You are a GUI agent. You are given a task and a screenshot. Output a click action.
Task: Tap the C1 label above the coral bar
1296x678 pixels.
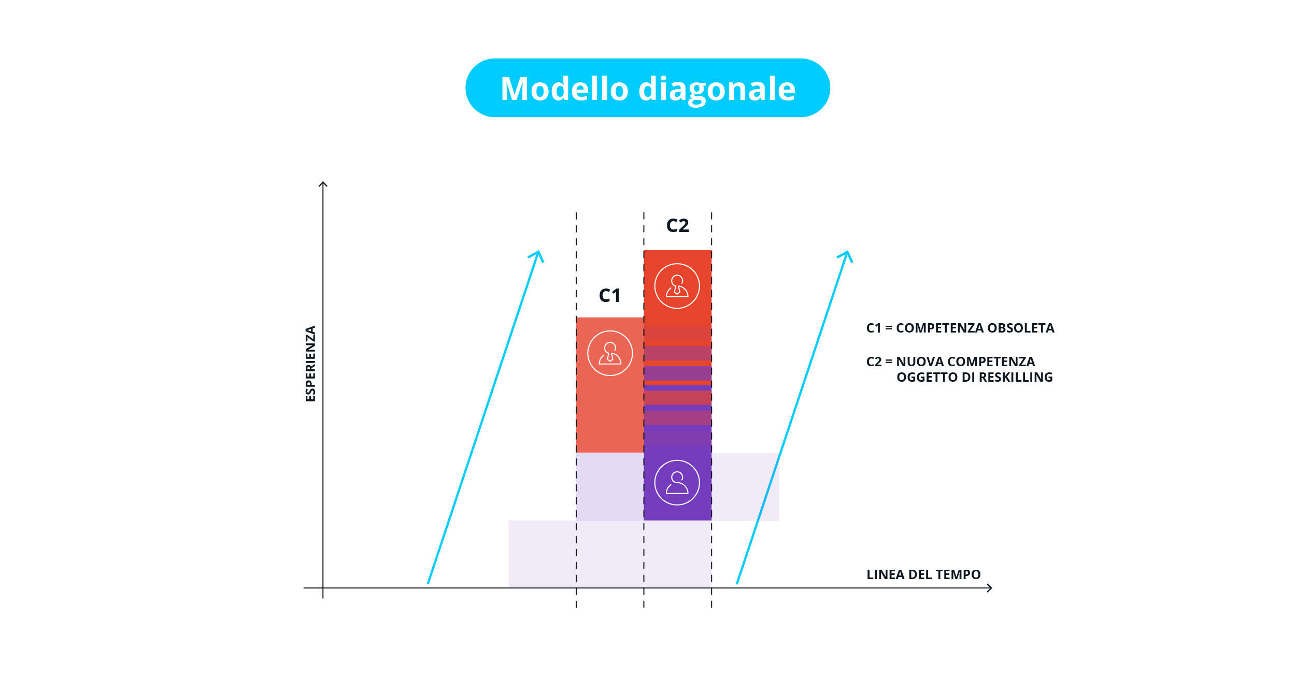(x=609, y=295)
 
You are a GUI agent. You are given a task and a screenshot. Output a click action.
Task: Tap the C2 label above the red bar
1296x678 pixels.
(x=677, y=225)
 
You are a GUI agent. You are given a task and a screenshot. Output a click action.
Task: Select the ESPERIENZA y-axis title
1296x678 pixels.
(x=310, y=364)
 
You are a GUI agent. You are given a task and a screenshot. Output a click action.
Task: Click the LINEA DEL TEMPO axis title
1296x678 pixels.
(x=923, y=574)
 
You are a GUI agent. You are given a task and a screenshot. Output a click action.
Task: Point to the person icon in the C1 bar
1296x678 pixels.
(x=610, y=353)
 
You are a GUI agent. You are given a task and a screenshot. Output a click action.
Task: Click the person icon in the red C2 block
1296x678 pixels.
(x=677, y=286)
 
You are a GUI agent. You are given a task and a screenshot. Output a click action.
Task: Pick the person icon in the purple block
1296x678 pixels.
(x=677, y=483)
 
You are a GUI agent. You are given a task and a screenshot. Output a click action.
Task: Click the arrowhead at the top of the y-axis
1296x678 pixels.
(x=323, y=182)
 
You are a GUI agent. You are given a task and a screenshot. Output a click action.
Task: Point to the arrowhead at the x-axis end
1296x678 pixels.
(x=991, y=588)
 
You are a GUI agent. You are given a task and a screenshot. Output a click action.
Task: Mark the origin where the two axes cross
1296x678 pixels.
(x=323, y=588)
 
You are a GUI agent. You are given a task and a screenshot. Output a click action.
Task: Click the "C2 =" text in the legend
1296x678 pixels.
(x=879, y=362)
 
